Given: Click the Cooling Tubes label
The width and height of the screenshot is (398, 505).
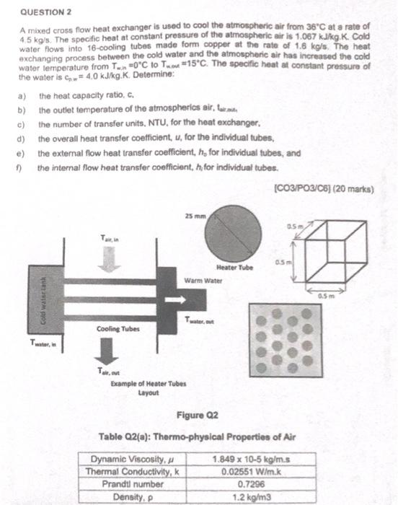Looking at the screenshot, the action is (113, 329).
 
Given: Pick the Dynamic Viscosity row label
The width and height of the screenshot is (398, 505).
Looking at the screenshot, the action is (133, 457).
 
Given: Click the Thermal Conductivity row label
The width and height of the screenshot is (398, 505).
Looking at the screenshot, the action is (133, 470).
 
